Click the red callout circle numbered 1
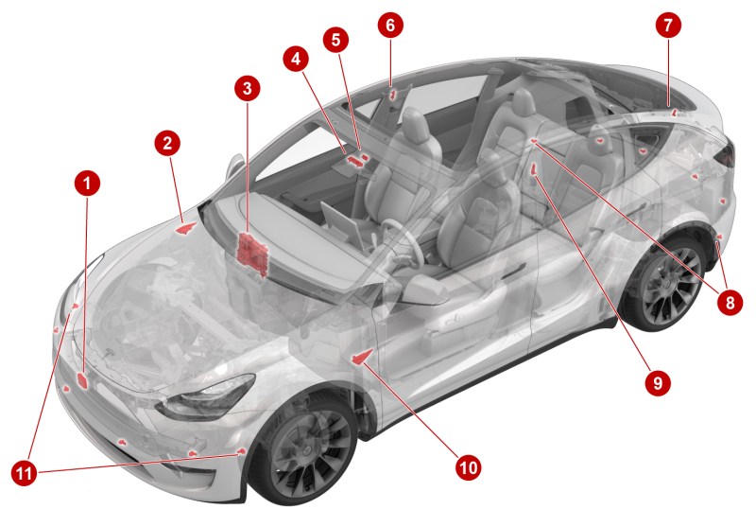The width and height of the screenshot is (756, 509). [x=87, y=183]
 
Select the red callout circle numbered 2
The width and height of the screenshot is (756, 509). [x=167, y=143]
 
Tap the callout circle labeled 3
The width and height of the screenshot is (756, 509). [x=248, y=88]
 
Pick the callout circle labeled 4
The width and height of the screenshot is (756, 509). [x=296, y=59]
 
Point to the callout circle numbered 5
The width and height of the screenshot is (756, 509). [x=336, y=40]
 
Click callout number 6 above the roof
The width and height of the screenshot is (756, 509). [x=390, y=26]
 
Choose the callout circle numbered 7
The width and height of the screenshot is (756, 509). [x=668, y=26]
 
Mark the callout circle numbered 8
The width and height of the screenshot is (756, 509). [x=730, y=303]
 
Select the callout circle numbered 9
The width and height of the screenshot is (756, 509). [x=658, y=383]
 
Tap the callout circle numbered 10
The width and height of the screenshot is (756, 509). [x=468, y=467]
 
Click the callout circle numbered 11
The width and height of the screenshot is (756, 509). [x=25, y=473]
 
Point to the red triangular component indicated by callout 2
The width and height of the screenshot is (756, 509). [x=186, y=228]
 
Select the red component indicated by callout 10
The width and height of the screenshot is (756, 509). [x=362, y=357]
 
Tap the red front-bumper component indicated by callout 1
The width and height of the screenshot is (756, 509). [x=83, y=380]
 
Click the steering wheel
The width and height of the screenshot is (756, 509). [x=403, y=244]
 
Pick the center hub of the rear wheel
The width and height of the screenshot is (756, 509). [x=668, y=283]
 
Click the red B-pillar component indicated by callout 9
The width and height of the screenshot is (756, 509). [x=534, y=170]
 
